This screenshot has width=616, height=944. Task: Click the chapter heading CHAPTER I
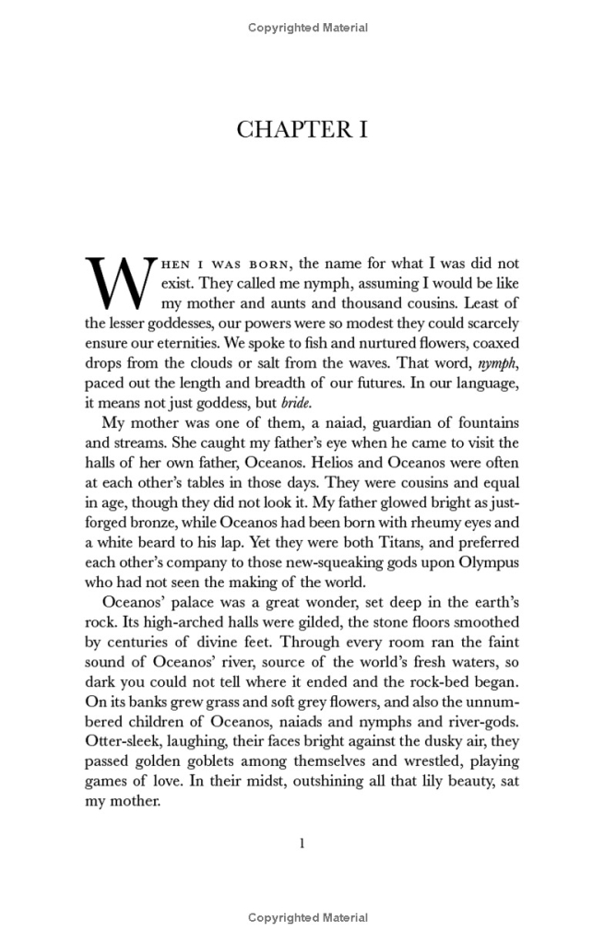(x=302, y=130)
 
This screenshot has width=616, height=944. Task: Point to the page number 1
(x=302, y=843)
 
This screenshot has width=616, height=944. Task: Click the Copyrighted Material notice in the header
(x=308, y=28)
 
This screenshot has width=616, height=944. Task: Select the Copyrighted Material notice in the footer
(x=308, y=917)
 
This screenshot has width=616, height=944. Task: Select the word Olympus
(x=485, y=562)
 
